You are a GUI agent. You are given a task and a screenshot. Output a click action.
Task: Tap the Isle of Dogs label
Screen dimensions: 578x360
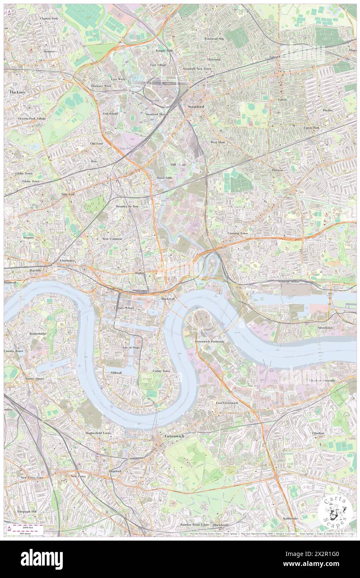(x=131, y=347)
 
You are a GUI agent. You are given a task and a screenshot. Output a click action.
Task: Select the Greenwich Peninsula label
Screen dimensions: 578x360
(x=210, y=341)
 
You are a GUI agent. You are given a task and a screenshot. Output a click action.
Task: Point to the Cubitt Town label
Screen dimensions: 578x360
(x=161, y=371)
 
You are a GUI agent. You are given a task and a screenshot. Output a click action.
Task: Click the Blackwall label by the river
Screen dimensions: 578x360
(x=168, y=299)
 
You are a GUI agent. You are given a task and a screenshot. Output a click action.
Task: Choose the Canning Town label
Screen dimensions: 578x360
(x=237, y=233)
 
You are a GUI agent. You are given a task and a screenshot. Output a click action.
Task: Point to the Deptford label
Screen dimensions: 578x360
(x=115, y=471)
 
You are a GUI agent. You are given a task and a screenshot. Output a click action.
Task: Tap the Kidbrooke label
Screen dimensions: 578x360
(x=290, y=519)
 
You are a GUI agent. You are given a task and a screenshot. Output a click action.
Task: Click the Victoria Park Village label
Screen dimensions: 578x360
(x=32, y=119)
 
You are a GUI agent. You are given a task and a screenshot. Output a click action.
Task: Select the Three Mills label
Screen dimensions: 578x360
(x=164, y=178)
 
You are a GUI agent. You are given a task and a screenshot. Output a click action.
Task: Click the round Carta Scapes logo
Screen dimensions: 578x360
(x=336, y=511)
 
